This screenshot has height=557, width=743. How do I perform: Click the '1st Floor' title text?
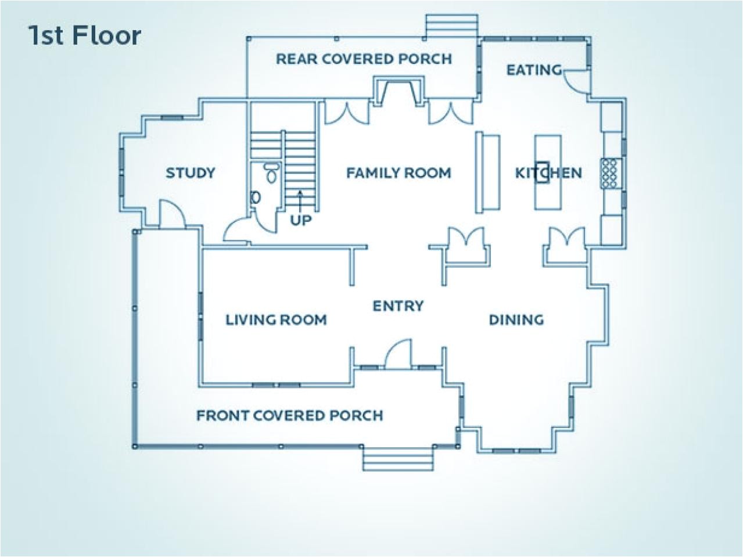coord(84,36)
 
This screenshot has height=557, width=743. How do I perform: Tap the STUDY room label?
coord(191,173)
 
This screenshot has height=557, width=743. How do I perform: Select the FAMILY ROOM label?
coord(399,173)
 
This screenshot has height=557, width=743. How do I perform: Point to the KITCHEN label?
coord(548,173)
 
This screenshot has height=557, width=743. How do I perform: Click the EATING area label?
coord(534,70)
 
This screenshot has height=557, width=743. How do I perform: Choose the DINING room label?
coord(516,319)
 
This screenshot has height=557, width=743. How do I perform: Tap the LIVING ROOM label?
coord(276,319)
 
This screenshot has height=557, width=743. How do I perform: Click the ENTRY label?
coord(398,306)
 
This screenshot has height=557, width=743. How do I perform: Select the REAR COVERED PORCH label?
coord(364,59)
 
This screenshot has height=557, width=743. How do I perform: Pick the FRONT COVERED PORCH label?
coord(289,415)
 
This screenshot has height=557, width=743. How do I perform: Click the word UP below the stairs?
coord(300,220)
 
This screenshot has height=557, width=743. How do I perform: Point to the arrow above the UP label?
coord(300,200)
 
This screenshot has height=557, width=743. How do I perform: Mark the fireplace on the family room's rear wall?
coord(399,92)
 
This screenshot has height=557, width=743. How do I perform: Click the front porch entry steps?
coord(399,459)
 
